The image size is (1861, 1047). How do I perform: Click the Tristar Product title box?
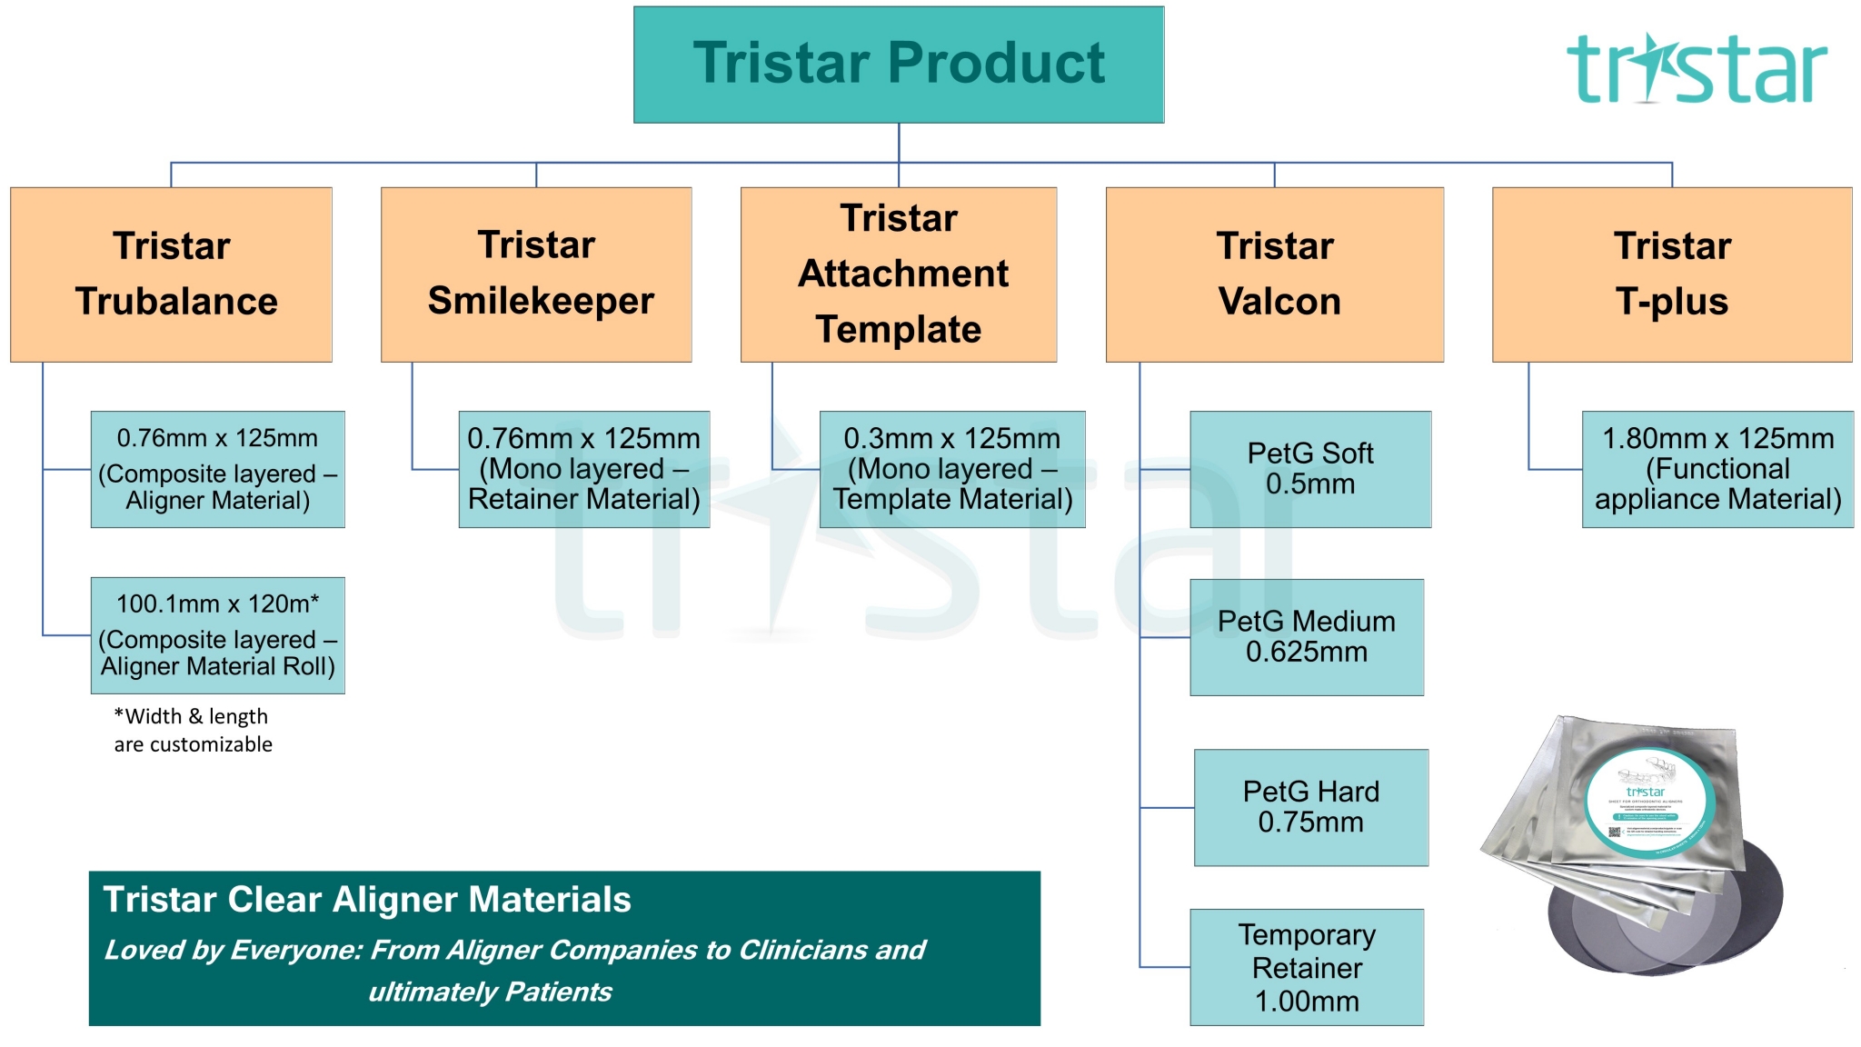pyautogui.click(x=899, y=65)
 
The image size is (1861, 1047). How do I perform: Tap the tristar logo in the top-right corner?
pyautogui.click(x=1696, y=69)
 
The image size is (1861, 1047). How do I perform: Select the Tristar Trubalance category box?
pyautogui.click(x=172, y=274)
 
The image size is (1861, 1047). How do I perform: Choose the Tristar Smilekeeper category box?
pyautogui.click(x=536, y=274)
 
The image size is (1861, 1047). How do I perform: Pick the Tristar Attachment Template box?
pyautogui.click(x=899, y=274)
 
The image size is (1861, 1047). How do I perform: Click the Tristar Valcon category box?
pyautogui.click(x=1274, y=274)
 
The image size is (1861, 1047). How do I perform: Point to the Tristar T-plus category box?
pyautogui.click(x=1672, y=274)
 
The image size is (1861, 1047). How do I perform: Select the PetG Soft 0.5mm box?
pyautogui.click(x=1310, y=469)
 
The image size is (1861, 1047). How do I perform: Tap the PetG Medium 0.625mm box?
pyautogui.click(x=1307, y=637)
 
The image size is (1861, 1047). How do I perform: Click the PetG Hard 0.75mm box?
pyautogui.click(x=1310, y=807)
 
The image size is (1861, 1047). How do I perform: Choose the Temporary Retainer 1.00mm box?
pyautogui.click(x=1307, y=967)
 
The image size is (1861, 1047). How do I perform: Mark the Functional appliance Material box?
pyautogui.click(x=1717, y=469)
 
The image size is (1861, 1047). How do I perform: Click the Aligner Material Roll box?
pyautogui.click(x=218, y=635)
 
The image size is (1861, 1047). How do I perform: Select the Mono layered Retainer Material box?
pyautogui.click(x=584, y=469)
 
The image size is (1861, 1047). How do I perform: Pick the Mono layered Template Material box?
pyautogui.click(x=952, y=469)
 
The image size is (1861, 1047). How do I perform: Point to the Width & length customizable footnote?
pyautogui.click(x=193, y=730)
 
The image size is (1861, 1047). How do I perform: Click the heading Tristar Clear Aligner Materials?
pyautogui.click(x=367, y=900)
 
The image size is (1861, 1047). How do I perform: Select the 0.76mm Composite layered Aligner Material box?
pyautogui.click(x=218, y=469)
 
